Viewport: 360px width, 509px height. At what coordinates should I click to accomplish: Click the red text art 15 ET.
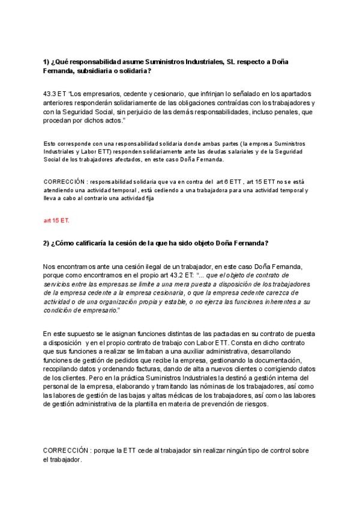point(56,220)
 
